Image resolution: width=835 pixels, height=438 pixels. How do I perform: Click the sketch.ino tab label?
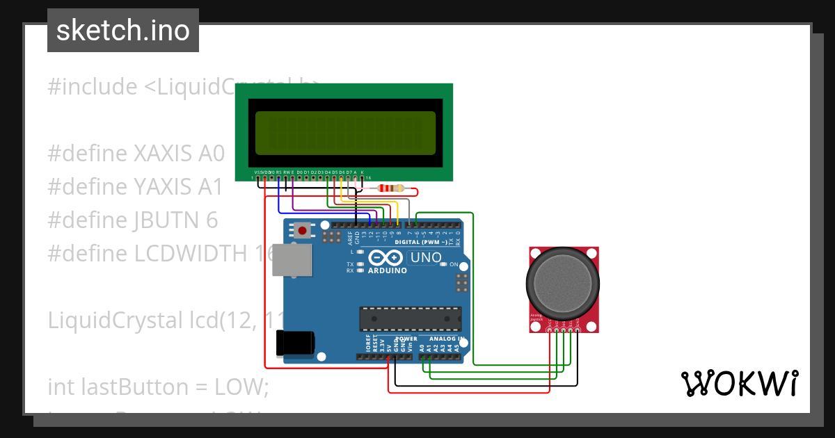[x=122, y=31]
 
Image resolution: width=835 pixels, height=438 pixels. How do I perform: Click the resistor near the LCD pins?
[x=390, y=188]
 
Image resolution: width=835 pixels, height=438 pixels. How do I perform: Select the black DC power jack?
[x=295, y=343]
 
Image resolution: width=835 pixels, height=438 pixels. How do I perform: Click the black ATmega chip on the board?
[x=410, y=318]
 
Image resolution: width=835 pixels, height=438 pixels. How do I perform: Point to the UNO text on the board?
[x=425, y=258]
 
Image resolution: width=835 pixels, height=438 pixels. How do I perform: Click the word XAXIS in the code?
[x=165, y=154]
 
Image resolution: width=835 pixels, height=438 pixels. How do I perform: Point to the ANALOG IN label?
[x=447, y=339]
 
